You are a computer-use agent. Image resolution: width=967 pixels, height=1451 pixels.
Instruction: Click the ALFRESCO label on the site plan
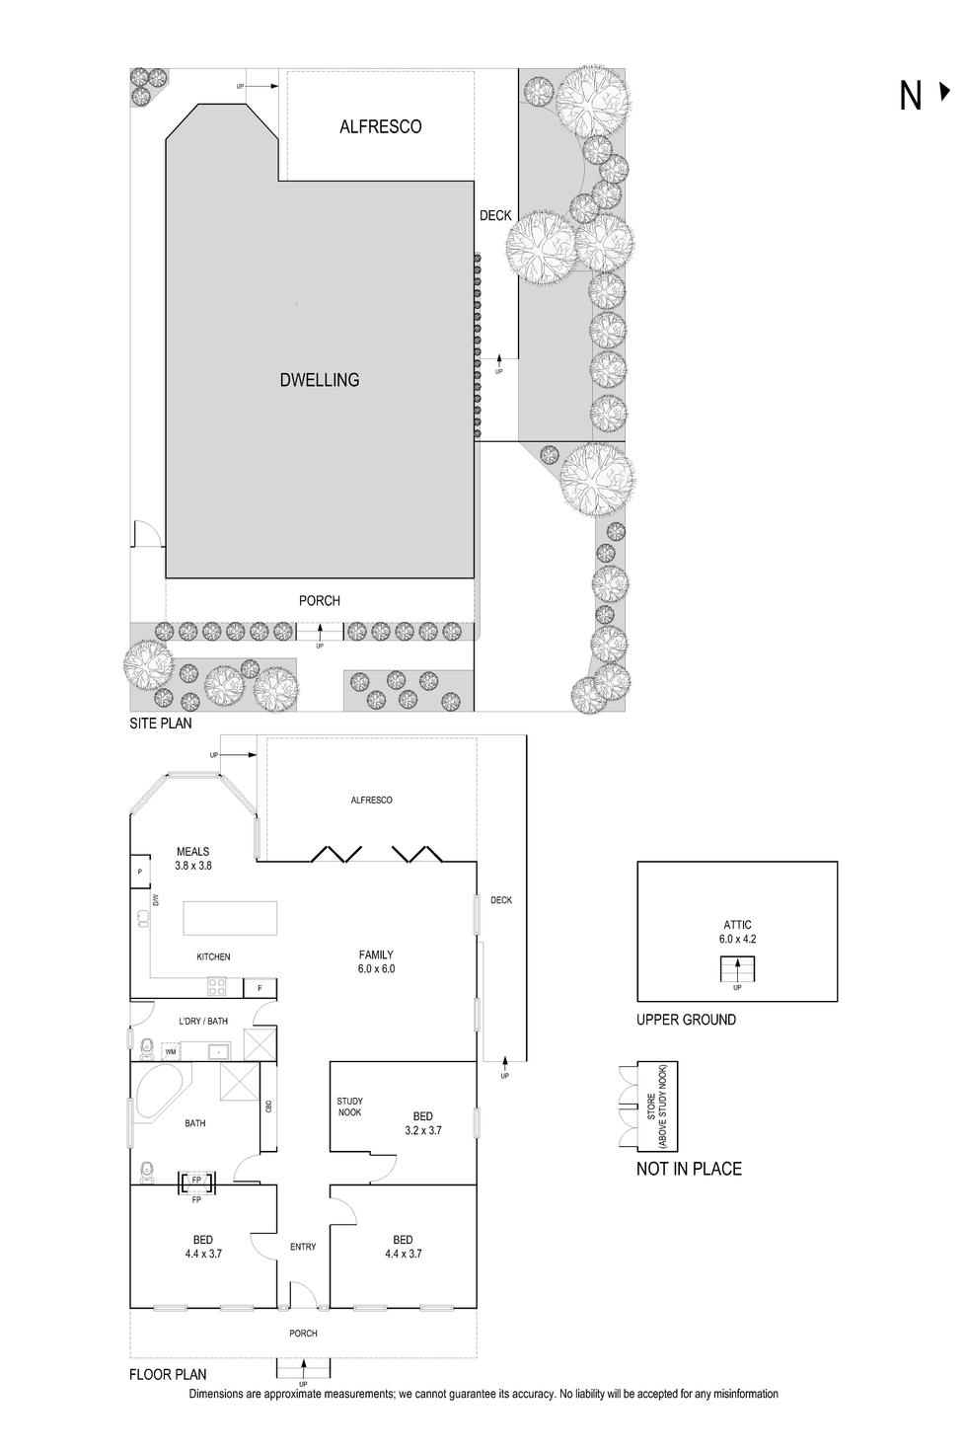click(380, 126)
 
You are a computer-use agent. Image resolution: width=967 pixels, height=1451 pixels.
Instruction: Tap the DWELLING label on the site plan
click(320, 379)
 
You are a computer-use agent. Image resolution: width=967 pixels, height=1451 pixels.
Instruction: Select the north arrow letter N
click(910, 96)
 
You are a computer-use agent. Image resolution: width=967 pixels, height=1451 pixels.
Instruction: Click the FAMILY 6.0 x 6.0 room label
click(376, 961)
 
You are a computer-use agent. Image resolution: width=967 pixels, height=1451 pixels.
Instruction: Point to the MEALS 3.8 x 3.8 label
click(193, 858)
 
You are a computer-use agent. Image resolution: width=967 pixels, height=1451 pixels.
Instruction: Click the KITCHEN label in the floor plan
click(213, 956)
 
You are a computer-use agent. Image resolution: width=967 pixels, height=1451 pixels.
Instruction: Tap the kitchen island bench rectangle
click(230, 918)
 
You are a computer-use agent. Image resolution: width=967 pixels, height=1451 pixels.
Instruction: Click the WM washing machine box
click(171, 1052)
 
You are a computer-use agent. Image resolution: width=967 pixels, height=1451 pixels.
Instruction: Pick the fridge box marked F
click(260, 987)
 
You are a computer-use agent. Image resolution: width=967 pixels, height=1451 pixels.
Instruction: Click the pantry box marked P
click(139, 872)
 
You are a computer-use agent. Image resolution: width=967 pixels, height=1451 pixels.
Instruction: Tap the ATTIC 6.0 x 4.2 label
click(737, 932)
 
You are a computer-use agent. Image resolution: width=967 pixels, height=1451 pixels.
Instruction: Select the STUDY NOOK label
click(349, 1107)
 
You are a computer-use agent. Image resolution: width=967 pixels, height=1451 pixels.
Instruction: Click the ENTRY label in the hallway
click(303, 1247)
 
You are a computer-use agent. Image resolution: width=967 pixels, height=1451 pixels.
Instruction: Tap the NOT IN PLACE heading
click(689, 1169)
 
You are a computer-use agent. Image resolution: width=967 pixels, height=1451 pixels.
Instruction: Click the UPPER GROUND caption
click(686, 1020)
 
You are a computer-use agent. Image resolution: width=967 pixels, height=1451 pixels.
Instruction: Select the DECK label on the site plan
click(495, 215)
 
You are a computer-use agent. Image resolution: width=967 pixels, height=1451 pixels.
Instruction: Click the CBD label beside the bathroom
click(268, 1107)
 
